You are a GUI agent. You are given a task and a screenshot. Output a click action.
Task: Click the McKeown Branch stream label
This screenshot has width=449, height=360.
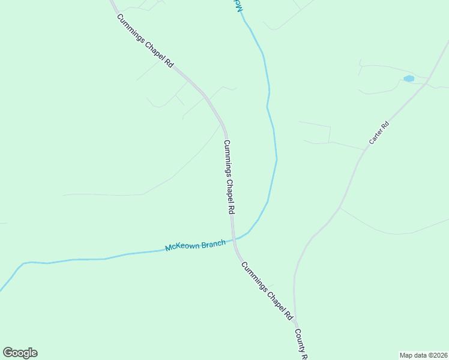click(195, 245)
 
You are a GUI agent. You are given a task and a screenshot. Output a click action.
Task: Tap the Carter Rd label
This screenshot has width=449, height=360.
click(379, 134)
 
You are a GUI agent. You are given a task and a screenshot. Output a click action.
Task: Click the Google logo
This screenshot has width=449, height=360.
click(20, 353)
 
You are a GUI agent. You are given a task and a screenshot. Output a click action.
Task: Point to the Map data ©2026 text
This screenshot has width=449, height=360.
click(424, 355)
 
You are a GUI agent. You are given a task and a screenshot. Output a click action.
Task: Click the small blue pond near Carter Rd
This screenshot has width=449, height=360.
click(409, 79)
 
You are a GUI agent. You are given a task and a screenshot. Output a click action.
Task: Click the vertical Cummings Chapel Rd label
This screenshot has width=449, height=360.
click(229, 178)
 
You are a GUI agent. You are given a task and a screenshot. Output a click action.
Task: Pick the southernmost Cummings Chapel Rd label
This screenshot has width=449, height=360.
click(266, 290)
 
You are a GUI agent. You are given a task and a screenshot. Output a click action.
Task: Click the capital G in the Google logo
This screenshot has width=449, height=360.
click(8, 353)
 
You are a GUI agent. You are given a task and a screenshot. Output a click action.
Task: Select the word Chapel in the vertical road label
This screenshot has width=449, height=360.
click(229, 180)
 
